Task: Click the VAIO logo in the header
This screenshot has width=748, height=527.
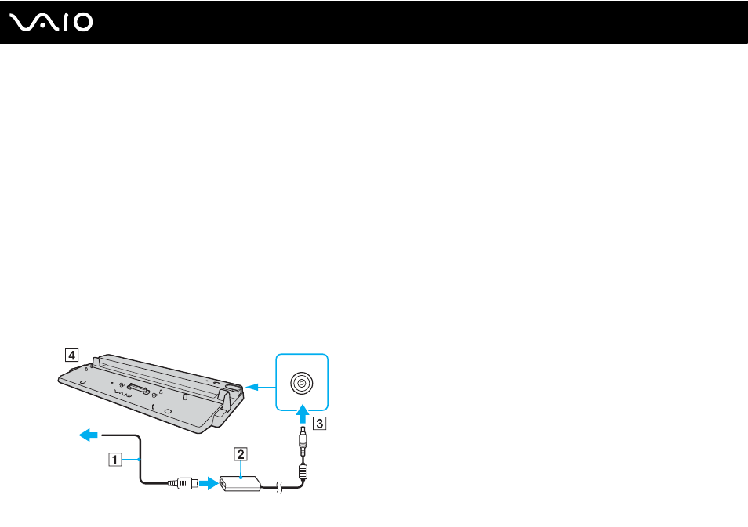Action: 51,23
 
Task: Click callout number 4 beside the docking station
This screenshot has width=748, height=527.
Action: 71,355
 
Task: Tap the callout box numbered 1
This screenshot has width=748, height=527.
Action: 115,460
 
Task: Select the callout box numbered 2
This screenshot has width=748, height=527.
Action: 241,454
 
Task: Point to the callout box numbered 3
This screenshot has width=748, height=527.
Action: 320,423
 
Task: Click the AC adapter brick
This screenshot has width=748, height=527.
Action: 241,483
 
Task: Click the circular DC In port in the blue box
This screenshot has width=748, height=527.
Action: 302,383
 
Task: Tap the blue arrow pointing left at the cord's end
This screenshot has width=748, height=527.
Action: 89,435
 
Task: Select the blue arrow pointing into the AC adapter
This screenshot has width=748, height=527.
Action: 209,484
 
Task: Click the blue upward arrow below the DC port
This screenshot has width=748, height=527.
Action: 302,414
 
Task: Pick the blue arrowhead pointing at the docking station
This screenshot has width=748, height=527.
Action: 252,387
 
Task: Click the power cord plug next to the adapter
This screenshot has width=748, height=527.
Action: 184,483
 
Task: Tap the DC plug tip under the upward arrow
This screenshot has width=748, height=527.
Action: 303,441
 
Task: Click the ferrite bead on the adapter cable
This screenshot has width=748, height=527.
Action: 303,472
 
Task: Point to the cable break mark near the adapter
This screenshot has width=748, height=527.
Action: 280,487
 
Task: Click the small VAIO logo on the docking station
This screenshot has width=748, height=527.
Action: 122,394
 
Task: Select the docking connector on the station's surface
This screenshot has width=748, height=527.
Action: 139,388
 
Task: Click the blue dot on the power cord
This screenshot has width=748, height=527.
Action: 139,460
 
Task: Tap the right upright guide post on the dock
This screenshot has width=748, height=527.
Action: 226,397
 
